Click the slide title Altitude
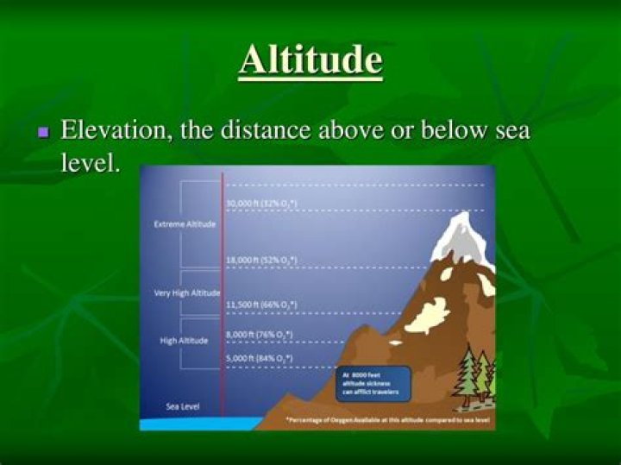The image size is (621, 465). click(x=310, y=60)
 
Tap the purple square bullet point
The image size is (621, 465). click(x=44, y=133)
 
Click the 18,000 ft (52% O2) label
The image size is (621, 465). click(x=260, y=259)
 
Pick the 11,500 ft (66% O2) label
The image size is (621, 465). click(x=260, y=305)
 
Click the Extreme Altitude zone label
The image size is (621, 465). click(x=185, y=224)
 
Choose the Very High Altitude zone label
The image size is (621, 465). click(x=186, y=293)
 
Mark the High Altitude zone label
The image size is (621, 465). click(x=184, y=340)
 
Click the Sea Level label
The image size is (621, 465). click(x=182, y=405)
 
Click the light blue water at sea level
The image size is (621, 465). click(x=198, y=423)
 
